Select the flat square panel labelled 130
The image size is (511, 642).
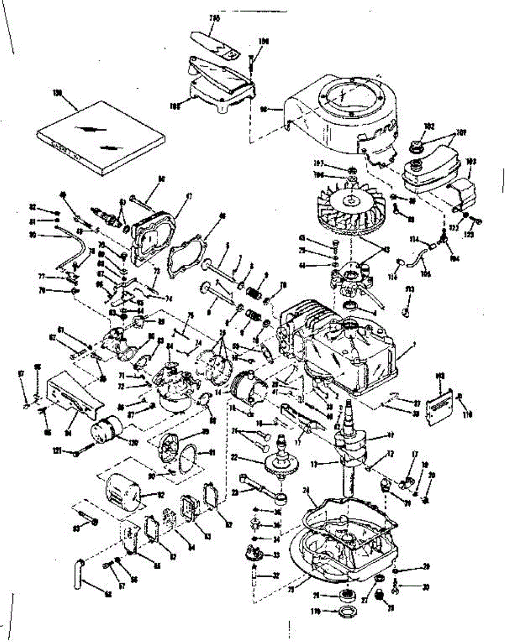pyautogui.click(x=100, y=136)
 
